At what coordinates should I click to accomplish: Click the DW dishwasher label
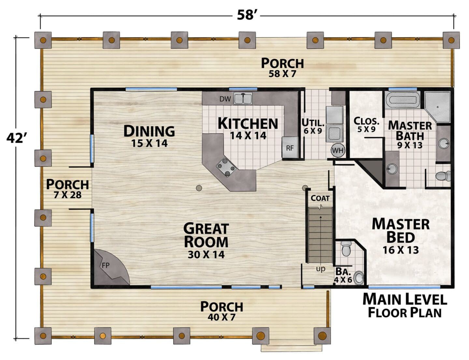pyautogui.click(x=225, y=99)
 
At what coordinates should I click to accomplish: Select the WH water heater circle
pyautogui.click(x=338, y=150)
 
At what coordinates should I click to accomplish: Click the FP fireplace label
pyautogui.click(x=106, y=265)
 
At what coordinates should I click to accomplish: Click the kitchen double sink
pyautogui.click(x=243, y=99)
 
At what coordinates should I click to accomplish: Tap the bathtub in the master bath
pyautogui.click(x=403, y=100)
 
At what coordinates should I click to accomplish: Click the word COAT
pyautogui.click(x=320, y=198)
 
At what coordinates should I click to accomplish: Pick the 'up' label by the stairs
pyautogui.click(x=320, y=269)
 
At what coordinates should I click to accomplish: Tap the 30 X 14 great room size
pyautogui.click(x=206, y=255)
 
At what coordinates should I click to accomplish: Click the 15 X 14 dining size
pyautogui.click(x=149, y=143)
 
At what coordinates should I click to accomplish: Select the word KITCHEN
pyautogui.click(x=248, y=123)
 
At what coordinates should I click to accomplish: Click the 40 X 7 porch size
pyautogui.click(x=221, y=317)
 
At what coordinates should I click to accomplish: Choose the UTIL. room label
pyautogui.click(x=313, y=123)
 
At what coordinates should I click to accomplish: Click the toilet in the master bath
pyautogui.click(x=443, y=176)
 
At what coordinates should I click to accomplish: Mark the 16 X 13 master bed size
pyautogui.click(x=401, y=250)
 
